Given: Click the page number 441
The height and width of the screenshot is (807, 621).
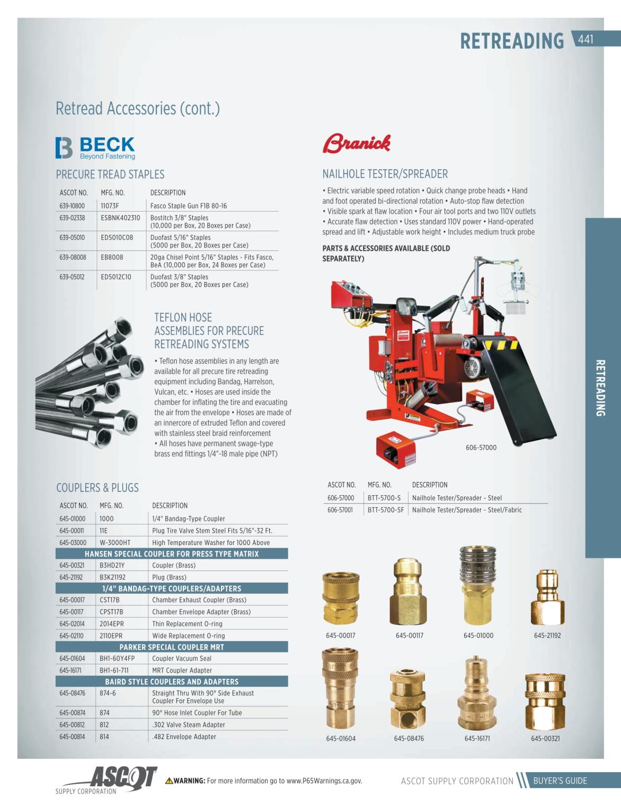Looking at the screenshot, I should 585,39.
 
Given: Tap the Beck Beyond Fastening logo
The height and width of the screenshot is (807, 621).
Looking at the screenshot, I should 95,148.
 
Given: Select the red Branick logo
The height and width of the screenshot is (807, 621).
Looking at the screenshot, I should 357,143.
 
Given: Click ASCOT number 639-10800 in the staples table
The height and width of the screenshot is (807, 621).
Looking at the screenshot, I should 72,206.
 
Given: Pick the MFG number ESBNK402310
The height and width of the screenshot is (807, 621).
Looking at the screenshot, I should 120,218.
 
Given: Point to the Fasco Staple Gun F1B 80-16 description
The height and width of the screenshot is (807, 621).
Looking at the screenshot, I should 189,206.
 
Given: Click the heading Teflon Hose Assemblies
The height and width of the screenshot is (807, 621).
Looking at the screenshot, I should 209,331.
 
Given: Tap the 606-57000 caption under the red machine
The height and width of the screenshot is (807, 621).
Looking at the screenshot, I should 481,448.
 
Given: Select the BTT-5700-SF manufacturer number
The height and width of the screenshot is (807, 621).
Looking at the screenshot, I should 386,510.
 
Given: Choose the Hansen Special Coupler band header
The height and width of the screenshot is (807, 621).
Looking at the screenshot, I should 172,554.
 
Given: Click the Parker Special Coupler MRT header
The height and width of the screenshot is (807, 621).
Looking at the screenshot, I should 172,647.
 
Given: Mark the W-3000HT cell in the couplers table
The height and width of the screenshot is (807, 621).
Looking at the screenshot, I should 115,543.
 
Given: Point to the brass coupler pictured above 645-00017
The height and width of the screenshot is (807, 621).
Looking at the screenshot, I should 341,598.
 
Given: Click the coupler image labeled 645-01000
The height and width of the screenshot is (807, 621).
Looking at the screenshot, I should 478,586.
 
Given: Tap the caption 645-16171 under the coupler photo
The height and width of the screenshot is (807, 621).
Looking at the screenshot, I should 477,739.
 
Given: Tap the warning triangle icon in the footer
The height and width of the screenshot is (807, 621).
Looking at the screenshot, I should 169,781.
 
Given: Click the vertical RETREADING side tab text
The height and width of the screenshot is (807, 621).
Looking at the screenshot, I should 600,388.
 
